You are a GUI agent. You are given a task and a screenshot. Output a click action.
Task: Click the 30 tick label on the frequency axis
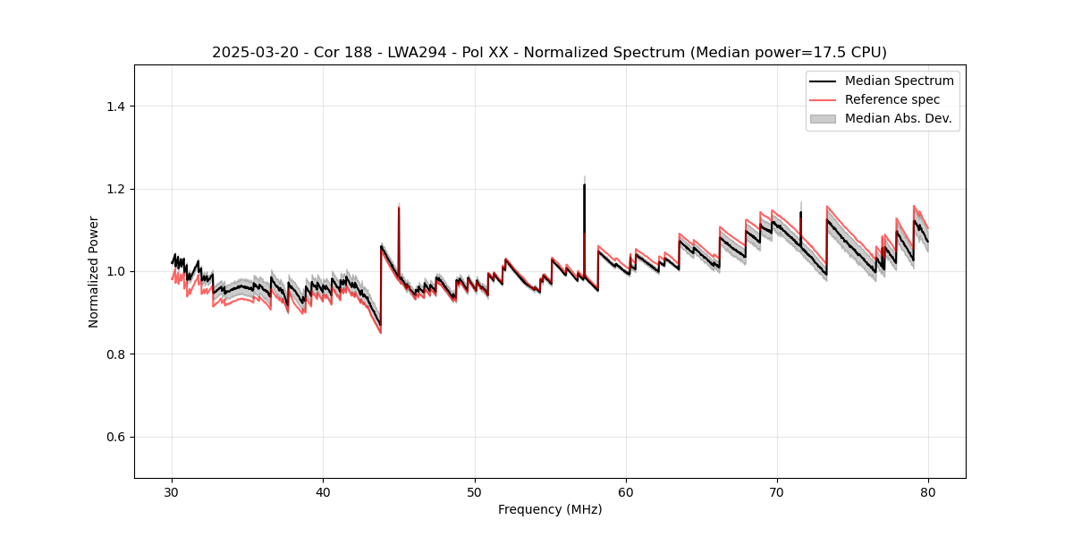[173, 492]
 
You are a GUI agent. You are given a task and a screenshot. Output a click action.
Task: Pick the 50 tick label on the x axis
[475, 492]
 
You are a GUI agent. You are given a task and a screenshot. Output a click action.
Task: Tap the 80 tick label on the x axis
[928, 492]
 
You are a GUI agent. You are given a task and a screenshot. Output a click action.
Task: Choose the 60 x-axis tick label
[626, 492]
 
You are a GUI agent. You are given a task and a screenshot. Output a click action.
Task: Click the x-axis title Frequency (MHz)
[550, 510]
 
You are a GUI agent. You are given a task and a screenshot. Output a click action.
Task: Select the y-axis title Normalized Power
[94, 271]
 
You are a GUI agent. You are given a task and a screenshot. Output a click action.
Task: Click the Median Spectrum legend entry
[899, 81]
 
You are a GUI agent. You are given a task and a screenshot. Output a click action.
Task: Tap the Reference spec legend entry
[892, 99]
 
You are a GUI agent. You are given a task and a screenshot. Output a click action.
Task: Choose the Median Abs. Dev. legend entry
[898, 118]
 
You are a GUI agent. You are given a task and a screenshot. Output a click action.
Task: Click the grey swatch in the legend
[823, 118]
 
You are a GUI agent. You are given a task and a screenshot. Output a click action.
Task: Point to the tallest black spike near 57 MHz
[584, 185]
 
